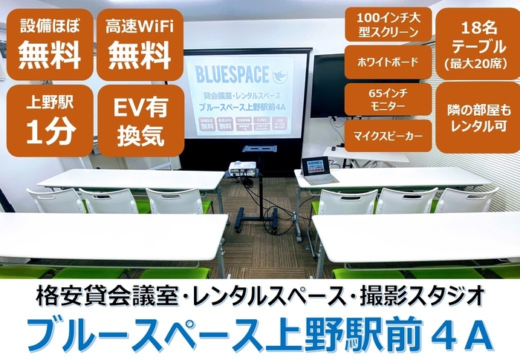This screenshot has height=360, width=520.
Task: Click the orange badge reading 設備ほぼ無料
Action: pos(49,44)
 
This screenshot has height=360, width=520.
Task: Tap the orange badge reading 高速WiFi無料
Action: pos(140,44)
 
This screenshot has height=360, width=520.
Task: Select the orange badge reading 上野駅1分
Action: pos(49,120)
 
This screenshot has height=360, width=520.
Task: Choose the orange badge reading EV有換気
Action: pos(140,120)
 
